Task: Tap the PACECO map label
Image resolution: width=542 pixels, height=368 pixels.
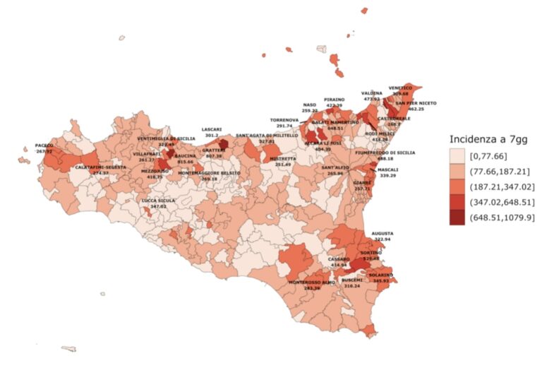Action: pos(44,145)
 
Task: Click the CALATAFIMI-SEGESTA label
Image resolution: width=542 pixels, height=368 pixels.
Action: pos(100,167)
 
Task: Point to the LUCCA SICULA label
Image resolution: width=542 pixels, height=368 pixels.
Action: pos(159,201)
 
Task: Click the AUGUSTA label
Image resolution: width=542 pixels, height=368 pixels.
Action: pos(383,233)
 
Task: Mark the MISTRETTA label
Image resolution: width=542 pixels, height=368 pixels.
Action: pos(282,159)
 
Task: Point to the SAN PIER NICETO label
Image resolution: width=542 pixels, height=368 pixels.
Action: pos(416,103)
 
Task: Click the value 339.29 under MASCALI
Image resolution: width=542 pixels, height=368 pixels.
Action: pos(388,176)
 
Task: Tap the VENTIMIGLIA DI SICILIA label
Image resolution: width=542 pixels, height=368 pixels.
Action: pos(167,138)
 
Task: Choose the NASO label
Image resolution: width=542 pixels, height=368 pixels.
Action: pos(310,105)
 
